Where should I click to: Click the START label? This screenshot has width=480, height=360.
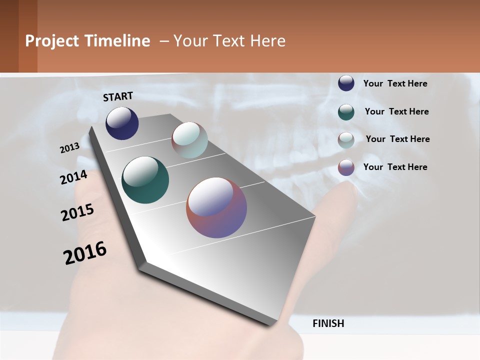click(118, 96)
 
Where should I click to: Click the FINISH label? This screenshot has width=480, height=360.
click(328, 323)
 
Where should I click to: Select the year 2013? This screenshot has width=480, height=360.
click(69, 148)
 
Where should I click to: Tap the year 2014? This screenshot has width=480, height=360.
click(73, 177)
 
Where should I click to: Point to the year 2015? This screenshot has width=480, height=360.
click(77, 212)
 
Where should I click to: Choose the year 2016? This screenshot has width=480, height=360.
click(85, 252)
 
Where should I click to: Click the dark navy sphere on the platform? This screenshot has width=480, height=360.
click(122, 123)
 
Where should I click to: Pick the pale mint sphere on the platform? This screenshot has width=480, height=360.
click(189, 140)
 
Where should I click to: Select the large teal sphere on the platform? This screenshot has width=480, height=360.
click(145, 180)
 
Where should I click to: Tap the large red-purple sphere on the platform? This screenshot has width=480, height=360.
click(216, 207)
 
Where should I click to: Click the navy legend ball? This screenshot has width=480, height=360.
click(346, 83)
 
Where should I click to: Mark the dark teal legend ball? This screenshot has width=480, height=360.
click(346, 111)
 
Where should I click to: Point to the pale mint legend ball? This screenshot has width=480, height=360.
click(346, 140)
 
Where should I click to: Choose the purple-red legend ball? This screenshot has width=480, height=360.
click(346, 167)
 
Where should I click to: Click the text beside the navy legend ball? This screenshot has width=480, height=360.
click(395, 83)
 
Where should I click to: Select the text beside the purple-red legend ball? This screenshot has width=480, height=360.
click(395, 167)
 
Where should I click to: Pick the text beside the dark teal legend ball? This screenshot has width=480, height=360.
click(396, 111)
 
